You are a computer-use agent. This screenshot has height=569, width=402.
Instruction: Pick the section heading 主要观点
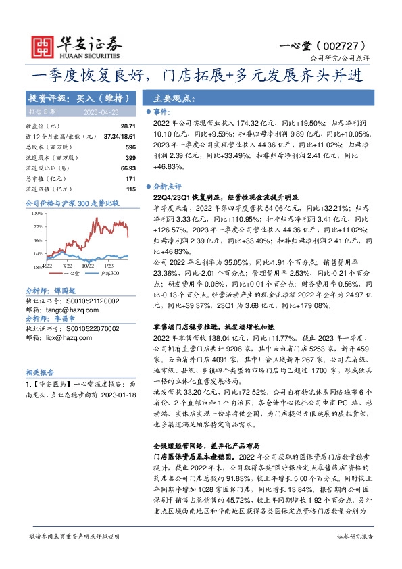pyautogui.click(x=174, y=98)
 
